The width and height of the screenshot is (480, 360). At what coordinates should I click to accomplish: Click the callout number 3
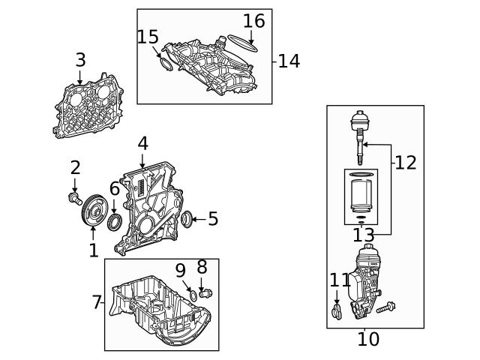click(80, 60)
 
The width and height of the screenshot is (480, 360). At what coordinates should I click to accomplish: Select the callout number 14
click(289, 61)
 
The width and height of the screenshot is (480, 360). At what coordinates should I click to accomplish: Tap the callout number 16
click(254, 21)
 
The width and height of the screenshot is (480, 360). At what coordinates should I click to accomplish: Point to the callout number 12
click(406, 162)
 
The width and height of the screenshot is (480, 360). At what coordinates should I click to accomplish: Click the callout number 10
click(368, 339)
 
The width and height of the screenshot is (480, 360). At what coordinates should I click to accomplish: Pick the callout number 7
click(97, 302)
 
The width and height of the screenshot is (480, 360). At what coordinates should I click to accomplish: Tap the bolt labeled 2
click(74, 198)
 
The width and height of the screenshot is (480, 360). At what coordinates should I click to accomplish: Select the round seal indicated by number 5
click(187, 219)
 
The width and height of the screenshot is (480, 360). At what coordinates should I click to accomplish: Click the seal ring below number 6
click(114, 222)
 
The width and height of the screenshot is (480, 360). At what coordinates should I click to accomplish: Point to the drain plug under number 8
click(205, 293)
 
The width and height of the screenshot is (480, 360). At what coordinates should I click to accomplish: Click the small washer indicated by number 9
click(192, 295)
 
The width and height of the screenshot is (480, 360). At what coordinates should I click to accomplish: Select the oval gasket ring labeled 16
click(241, 43)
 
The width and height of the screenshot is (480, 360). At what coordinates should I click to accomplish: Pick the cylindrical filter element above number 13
click(361, 196)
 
